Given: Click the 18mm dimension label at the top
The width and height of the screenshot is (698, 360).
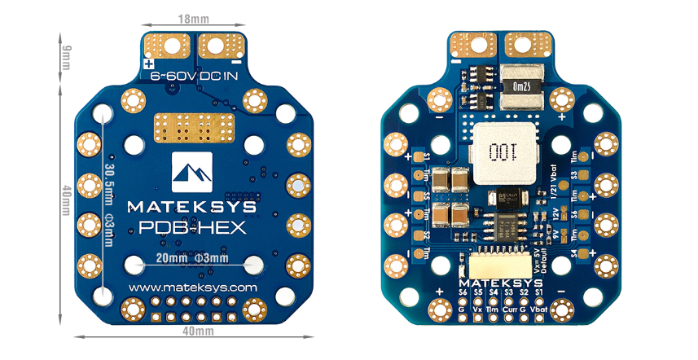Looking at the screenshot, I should click(x=192, y=16).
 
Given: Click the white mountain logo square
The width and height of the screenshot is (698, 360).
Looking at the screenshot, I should click(x=192, y=169).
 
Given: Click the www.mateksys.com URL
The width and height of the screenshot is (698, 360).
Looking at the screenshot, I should click(x=193, y=288).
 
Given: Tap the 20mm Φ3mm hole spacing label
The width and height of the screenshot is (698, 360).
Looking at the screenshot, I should click(x=193, y=259).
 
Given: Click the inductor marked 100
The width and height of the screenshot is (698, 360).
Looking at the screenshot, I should click(x=498, y=152).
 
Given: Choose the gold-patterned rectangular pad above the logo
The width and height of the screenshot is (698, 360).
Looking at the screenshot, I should click(x=193, y=128).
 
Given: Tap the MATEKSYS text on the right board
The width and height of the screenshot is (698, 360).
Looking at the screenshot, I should click(x=499, y=279).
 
